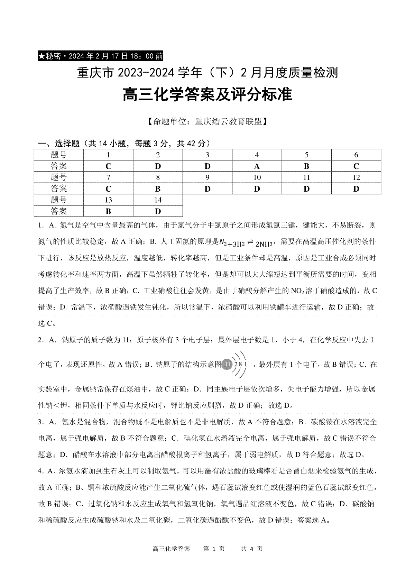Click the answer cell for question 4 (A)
coord(257,166)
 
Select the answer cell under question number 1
coord(109,166)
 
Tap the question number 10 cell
coord(257,177)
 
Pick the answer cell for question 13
coord(109,211)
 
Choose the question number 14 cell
coord(158,200)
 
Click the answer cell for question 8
coord(158,189)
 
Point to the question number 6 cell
coord(356,155)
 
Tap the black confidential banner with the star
coord(100,56)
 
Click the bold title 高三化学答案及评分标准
coord(207,95)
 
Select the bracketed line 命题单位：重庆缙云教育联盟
coord(207,122)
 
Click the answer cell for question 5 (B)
coord(306,166)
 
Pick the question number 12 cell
coord(356,177)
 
